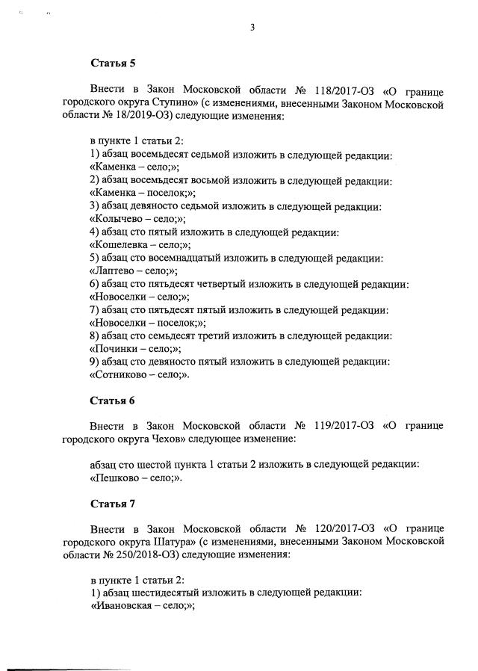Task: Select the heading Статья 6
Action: (x=112, y=401)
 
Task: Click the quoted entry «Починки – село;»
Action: (x=135, y=349)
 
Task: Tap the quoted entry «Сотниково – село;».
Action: (x=140, y=375)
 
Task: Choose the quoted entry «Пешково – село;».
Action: (x=136, y=477)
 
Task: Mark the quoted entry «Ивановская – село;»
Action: (x=143, y=607)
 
